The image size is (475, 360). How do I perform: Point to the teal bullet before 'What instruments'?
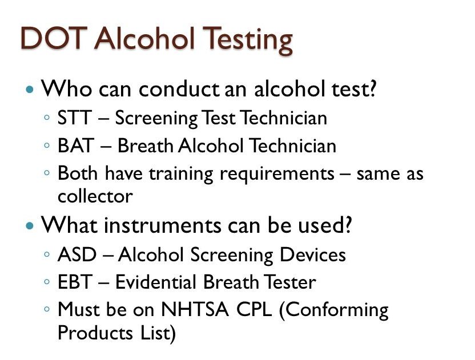pyautogui.click(x=30, y=226)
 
